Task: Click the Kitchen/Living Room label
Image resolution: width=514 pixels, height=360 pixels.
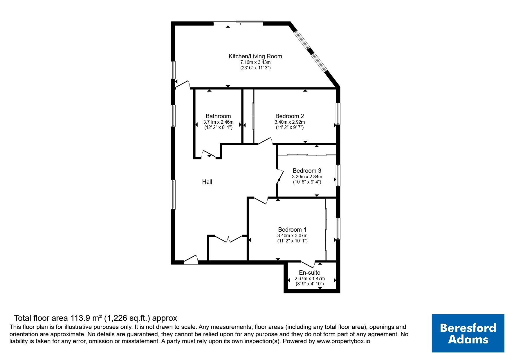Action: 255,56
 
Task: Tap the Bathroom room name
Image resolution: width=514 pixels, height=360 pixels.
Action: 218,116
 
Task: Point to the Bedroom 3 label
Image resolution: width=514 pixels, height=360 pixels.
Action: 307,171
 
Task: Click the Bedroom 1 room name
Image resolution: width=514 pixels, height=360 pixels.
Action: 292,230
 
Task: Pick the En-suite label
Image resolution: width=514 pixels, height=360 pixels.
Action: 310,273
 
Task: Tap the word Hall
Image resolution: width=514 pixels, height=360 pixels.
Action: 207,182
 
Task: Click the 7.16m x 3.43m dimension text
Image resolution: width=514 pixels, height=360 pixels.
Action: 255,62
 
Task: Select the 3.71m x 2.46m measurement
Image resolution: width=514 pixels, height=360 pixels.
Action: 218,122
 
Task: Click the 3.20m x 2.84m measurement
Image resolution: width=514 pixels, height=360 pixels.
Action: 307,177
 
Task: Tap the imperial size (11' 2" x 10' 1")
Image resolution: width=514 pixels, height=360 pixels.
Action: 292,241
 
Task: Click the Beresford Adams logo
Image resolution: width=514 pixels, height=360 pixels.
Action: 468,333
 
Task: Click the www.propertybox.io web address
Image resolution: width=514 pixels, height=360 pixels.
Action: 343,342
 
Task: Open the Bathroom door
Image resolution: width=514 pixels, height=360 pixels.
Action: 209,154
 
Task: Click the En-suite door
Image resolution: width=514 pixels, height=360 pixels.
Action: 308,264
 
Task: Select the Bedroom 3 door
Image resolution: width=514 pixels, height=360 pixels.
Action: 280,176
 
